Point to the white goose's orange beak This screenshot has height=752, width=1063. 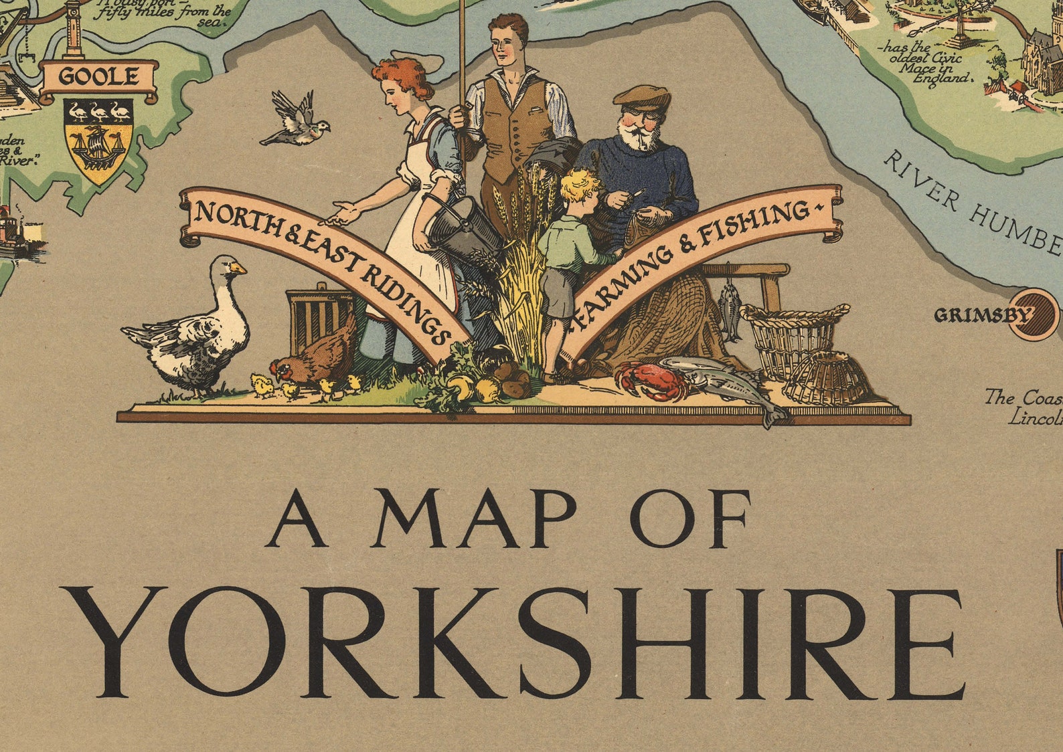[238, 268]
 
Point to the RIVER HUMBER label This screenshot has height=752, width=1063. [971, 201]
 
